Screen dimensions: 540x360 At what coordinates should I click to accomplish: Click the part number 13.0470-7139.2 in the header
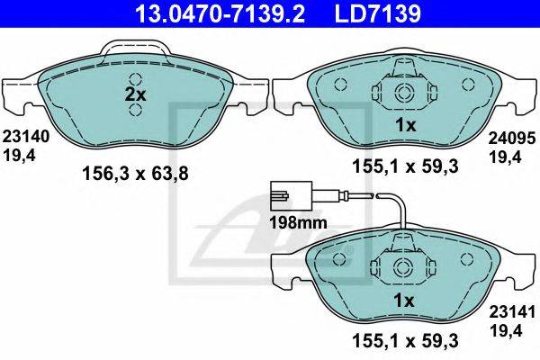(220, 13)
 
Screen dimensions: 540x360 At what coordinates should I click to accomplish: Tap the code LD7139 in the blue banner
(378, 13)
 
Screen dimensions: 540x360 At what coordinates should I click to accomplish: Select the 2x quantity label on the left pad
(135, 94)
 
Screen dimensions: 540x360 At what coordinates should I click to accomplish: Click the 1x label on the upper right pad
(406, 125)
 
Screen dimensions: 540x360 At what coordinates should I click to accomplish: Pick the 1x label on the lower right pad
(403, 301)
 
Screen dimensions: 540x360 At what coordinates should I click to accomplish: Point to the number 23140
(26, 137)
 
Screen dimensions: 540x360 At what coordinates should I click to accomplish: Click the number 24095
(512, 138)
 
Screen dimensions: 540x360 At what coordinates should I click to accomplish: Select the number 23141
(513, 312)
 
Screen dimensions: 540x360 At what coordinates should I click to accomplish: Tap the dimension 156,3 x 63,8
(135, 174)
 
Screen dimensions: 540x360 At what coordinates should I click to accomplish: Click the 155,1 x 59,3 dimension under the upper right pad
(405, 166)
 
